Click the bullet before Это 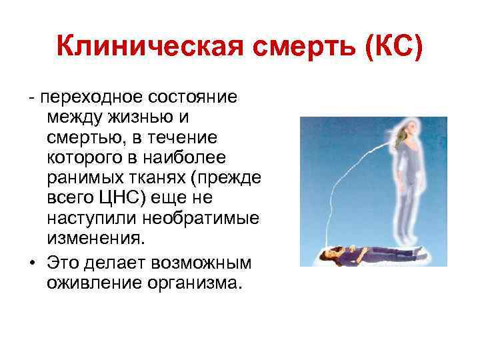pos(31,257)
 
